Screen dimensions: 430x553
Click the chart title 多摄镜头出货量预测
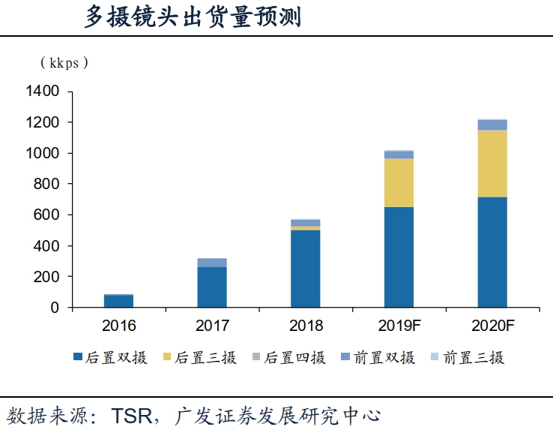click(193, 17)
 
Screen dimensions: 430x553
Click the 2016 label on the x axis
click(118, 326)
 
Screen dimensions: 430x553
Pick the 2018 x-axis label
click(305, 326)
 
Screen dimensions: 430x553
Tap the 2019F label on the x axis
click(399, 326)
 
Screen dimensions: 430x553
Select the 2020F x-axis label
click(492, 326)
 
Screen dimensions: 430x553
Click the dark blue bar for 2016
click(118, 301)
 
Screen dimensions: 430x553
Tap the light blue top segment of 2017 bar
click(212, 263)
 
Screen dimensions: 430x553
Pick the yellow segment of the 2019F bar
click(399, 182)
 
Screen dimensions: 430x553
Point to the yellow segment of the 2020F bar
click(492, 164)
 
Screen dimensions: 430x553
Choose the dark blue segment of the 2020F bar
click(492, 252)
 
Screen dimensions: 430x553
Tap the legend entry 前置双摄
click(379, 358)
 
